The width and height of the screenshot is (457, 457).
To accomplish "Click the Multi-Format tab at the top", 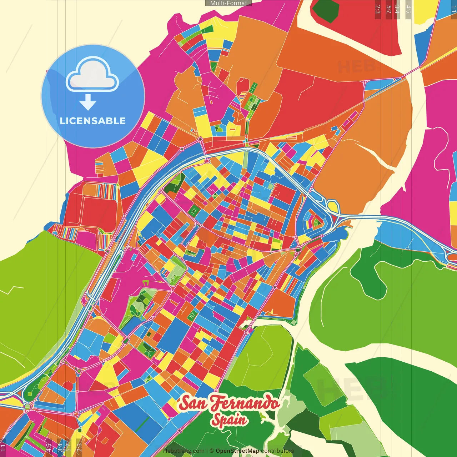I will (x=228, y=3).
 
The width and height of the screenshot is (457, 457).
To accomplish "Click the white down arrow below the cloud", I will (x=88, y=102).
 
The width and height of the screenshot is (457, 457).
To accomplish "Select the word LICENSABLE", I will (x=92, y=121).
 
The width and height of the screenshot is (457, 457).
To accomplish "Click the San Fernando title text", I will (x=229, y=403).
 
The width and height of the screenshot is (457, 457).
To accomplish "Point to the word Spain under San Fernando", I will (x=229, y=420).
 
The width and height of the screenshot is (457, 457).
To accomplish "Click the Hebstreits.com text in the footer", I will (x=184, y=451).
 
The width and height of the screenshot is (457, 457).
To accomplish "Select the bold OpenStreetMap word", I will (x=237, y=451).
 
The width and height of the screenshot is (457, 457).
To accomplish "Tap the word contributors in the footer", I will (x=277, y=451).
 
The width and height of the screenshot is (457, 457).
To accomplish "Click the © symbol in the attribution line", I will (x=211, y=451).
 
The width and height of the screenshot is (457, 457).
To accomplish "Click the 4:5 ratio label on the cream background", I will (x=408, y=9).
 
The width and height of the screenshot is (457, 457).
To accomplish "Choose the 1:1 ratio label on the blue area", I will (x=453, y=9).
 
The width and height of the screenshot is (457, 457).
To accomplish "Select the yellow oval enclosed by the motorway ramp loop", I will (x=333, y=206).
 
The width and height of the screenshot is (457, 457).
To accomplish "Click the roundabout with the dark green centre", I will (x=298, y=249).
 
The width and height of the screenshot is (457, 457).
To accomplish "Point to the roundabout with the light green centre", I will (x=27, y=406).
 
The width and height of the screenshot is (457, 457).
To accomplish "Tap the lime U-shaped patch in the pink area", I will (x=146, y=283).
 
